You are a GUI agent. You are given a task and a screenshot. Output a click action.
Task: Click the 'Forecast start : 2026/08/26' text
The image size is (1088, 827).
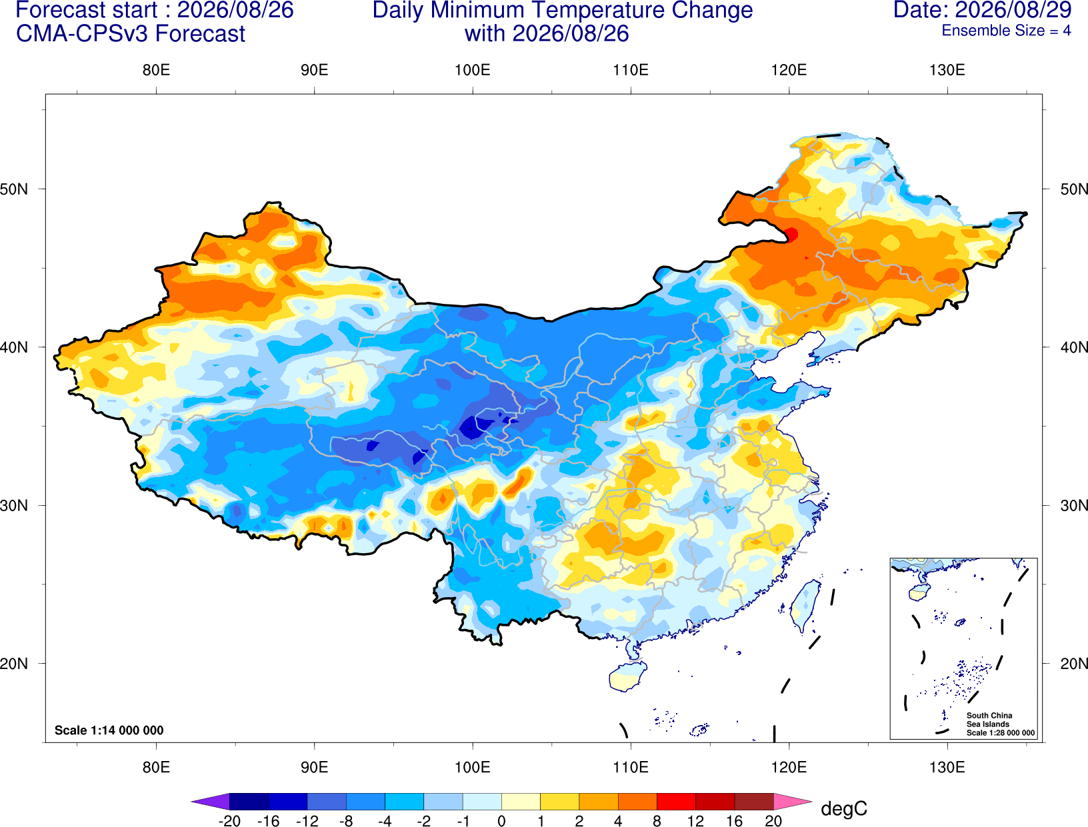point(155,10)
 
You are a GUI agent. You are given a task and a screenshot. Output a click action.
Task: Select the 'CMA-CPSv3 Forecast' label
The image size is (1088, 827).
point(131,34)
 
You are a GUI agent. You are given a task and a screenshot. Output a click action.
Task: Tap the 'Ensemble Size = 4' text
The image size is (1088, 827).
point(1006,31)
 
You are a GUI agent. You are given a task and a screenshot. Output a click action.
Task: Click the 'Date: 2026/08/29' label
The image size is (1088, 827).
point(983,10)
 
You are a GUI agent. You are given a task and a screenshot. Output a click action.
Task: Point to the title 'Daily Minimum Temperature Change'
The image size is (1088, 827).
point(563,11)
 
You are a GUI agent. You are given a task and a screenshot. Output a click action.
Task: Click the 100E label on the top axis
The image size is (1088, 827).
point(473,70)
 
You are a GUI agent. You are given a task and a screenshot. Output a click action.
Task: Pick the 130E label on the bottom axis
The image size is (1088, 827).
point(947,768)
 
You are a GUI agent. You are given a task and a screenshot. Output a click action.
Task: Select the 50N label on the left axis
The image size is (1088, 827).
point(14,189)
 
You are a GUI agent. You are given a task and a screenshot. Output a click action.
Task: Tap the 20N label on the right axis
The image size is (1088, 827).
point(1074,664)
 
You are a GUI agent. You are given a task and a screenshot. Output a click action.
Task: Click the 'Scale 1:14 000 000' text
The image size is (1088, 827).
point(109,730)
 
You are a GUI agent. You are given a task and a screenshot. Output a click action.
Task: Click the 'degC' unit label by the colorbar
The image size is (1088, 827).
point(844,808)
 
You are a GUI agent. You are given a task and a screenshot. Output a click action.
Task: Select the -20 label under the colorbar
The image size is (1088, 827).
point(229,821)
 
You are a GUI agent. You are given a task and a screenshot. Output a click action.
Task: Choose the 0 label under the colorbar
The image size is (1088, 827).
point(501,821)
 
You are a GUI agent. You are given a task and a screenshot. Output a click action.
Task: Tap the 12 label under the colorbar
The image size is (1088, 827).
point(695,821)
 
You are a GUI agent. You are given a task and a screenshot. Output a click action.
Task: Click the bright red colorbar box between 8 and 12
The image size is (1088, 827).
point(676,802)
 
